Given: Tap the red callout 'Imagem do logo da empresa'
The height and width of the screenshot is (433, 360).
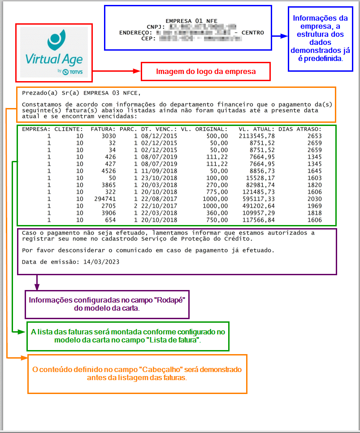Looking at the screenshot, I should click(x=206, y=71).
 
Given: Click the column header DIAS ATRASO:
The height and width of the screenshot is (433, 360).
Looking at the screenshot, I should click(x=300, y=129).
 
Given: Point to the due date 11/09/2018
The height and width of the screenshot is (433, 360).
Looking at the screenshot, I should click(x=159, y=171).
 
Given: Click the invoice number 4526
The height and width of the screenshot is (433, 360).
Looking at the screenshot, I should click(x=108, y=171).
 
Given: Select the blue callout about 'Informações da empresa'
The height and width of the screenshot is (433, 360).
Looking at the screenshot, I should click(x=320, y=39).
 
